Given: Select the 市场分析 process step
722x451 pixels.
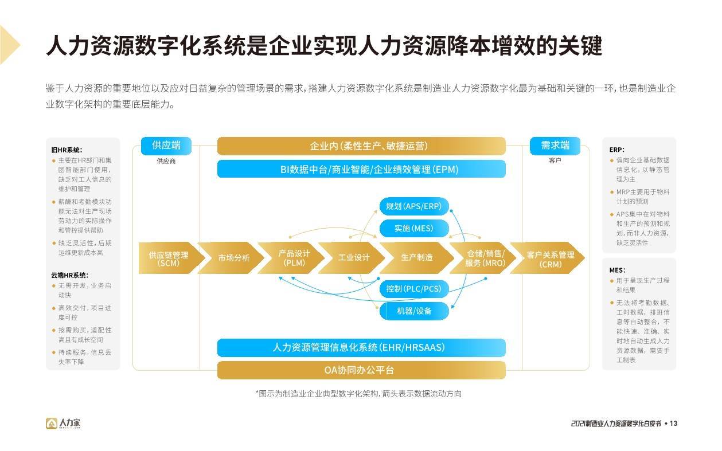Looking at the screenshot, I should point(233,258).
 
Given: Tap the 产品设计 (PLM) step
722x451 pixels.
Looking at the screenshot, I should point(294,258).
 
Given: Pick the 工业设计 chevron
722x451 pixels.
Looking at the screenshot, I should point(353,258).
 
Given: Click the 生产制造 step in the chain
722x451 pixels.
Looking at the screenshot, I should point(416,258).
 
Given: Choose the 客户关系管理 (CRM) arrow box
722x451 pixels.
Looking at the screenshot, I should point(550,258).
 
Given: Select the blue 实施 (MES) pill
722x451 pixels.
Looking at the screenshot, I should point(413,229).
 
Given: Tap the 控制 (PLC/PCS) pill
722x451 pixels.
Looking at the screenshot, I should point(413,289).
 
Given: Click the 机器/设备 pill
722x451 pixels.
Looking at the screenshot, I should point(413,311).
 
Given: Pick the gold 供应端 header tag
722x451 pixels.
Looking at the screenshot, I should point(166,146).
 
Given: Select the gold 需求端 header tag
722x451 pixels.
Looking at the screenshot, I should point(555,146).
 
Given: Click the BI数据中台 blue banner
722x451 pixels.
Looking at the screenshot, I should point(361,169).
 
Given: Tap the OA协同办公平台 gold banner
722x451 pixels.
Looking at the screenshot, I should point(361,370).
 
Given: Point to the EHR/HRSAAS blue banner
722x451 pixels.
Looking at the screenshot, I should point(361,347).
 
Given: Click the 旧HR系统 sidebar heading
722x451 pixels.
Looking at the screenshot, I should point(67,150).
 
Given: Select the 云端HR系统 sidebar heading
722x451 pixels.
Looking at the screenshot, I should point(69,275).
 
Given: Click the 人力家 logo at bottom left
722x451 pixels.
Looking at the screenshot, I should point(64,423).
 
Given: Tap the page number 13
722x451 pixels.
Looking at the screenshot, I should point(673,423).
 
